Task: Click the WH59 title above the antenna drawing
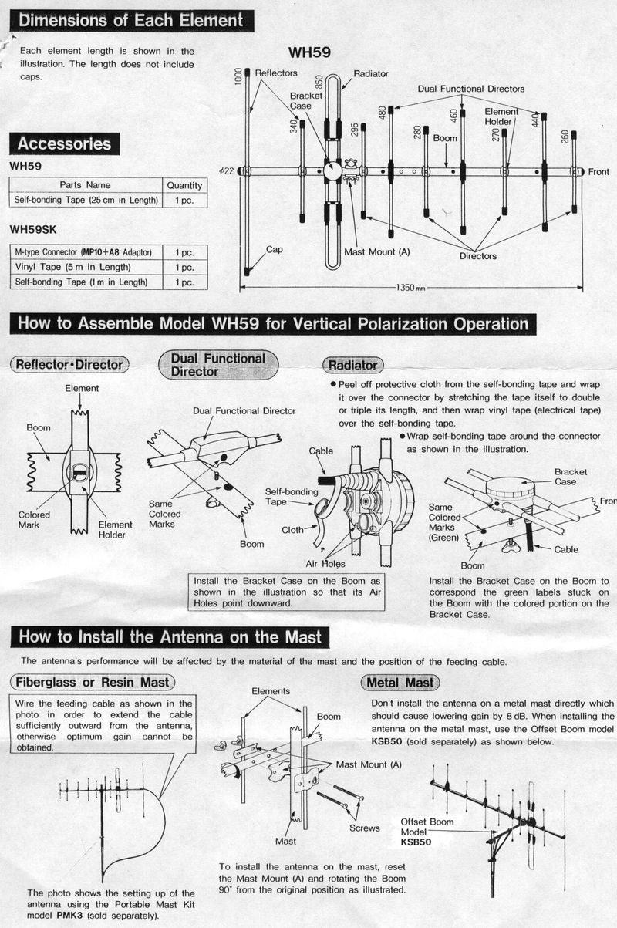tap(309, 52)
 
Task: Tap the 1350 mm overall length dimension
tap(410, 288)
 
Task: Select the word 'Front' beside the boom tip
tap(598, 171)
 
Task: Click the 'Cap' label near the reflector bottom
tap(275, 249)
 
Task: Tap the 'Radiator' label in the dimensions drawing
tap(371, 73)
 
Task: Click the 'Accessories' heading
tap(64, 143)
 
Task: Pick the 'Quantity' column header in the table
tap(184, 185)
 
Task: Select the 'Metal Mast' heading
tap(399, 682)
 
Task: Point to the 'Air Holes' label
tap(325, 564)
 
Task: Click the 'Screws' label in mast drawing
tap(365, 828)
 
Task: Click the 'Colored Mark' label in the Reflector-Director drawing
tap(34, 520)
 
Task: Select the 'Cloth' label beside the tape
tap(292, 530)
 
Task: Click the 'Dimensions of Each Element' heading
tap(130, 20)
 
